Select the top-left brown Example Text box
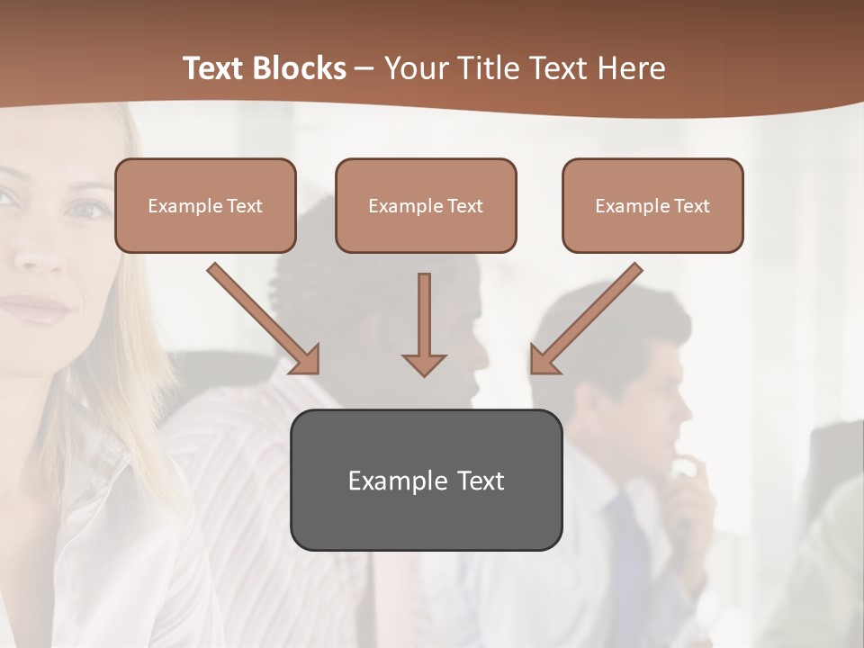205,205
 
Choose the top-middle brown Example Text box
426,205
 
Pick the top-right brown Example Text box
652,205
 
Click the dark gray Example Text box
426,480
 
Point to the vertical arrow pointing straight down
424,324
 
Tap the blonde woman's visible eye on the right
88,210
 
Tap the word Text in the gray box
481,481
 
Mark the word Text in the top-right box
691,206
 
